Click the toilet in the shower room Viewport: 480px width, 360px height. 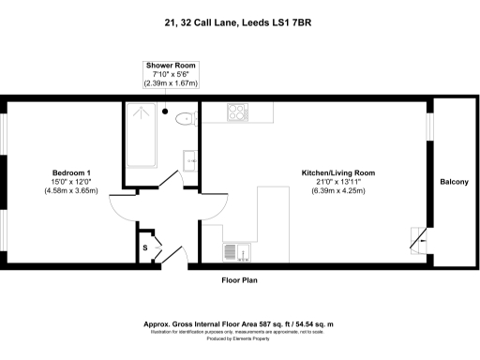[185, 116]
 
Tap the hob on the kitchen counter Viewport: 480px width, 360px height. [236, 112]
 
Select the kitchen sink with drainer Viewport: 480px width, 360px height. [235, 251]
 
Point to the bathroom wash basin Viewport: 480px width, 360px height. [191, 158]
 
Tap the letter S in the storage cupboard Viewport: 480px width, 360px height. [144, 247]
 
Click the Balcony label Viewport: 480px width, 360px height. [454, 181]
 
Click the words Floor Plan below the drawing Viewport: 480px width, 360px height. [239, 279]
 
